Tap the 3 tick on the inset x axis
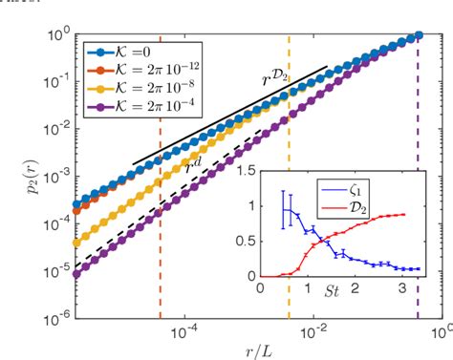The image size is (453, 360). point(402,287)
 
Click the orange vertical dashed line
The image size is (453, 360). point(160,267)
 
